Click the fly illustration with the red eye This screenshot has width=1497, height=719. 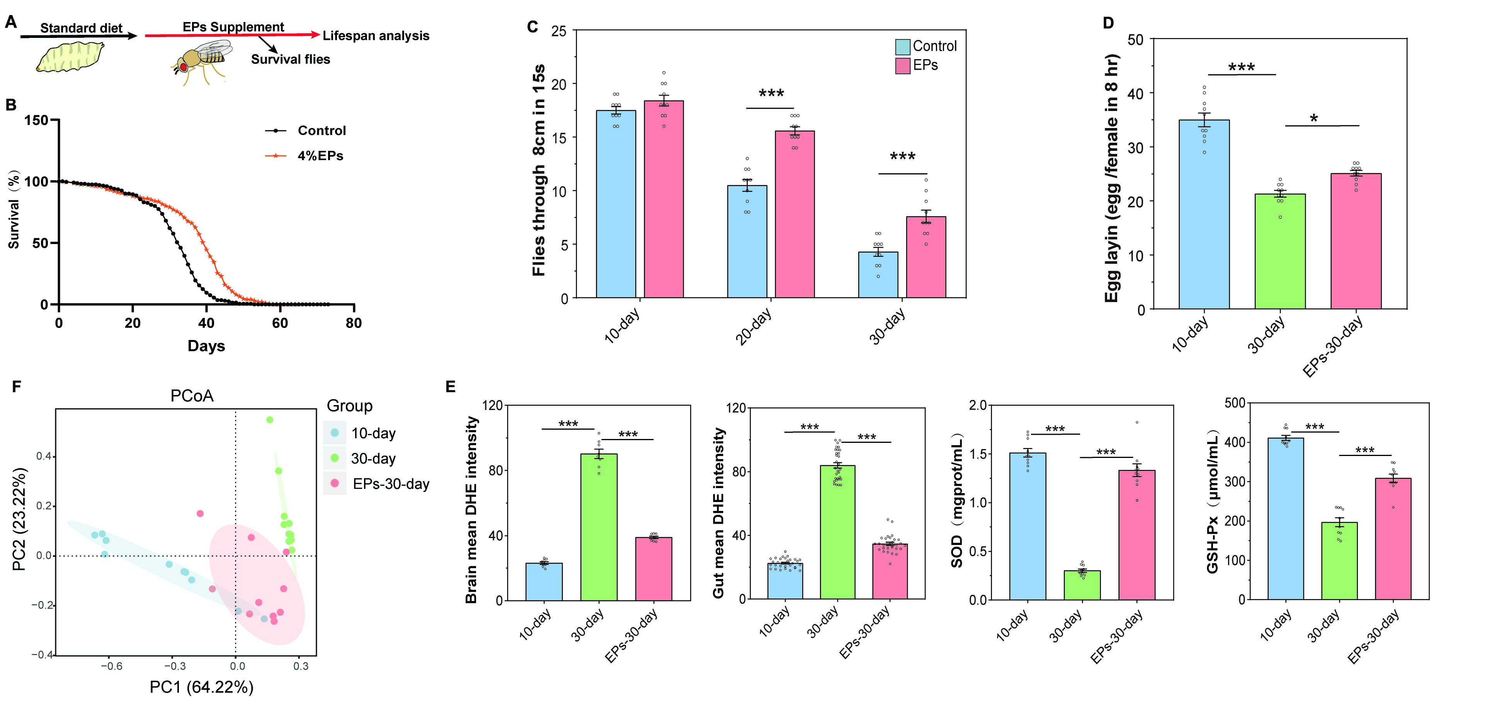(x=201, y=61)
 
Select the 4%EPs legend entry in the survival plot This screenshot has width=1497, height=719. (x=320, y=156)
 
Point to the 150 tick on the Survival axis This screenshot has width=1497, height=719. (x=36, y=120)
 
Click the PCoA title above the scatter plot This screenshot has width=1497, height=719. (x=192, y=396)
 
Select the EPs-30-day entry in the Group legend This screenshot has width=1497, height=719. (x=391, y=484)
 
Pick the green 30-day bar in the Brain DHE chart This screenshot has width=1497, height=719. (x=599, y=526)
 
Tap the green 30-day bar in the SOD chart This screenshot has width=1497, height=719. (x=1082, y=585)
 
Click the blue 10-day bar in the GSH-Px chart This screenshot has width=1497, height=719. (x=1286, y=518)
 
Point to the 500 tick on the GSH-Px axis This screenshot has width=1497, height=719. (x=1235, y=403)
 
